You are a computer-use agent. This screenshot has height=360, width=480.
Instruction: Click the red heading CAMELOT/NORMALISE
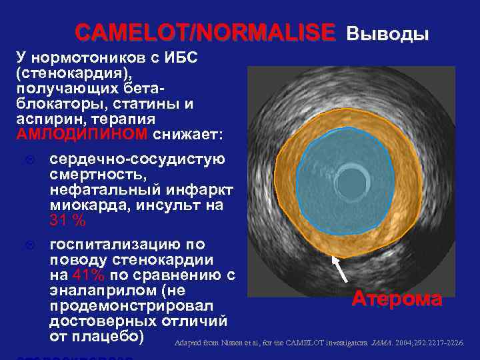pos(205,32)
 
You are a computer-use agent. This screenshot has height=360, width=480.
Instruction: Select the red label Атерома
pos(396,299)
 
